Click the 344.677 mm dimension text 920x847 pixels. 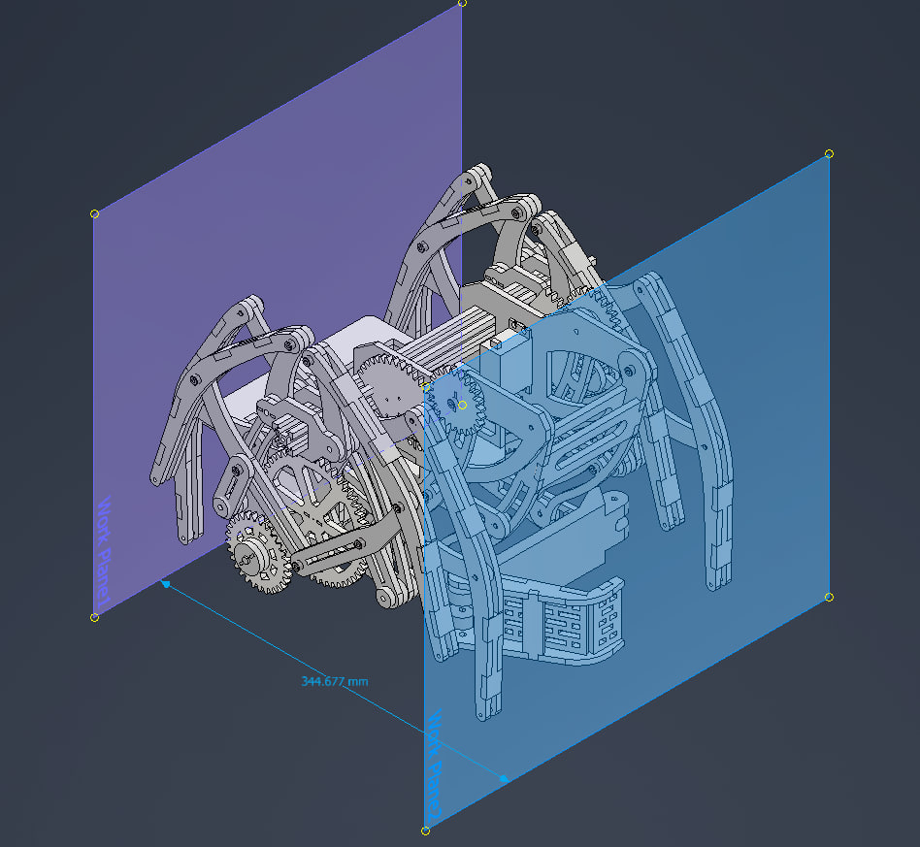(335, 681)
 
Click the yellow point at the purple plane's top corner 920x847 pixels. (462, 3)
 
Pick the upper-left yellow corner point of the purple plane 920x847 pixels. (94, 213)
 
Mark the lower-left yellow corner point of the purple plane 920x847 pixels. (94, 617)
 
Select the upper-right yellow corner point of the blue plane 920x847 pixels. (829, 153)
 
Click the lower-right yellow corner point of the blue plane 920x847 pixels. (829, 597)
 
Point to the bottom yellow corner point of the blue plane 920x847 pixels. (425, 831)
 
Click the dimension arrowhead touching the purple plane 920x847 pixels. (167, 584)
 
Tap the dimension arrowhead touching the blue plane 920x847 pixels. (503, 777)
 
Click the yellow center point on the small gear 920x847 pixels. (462, 405)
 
